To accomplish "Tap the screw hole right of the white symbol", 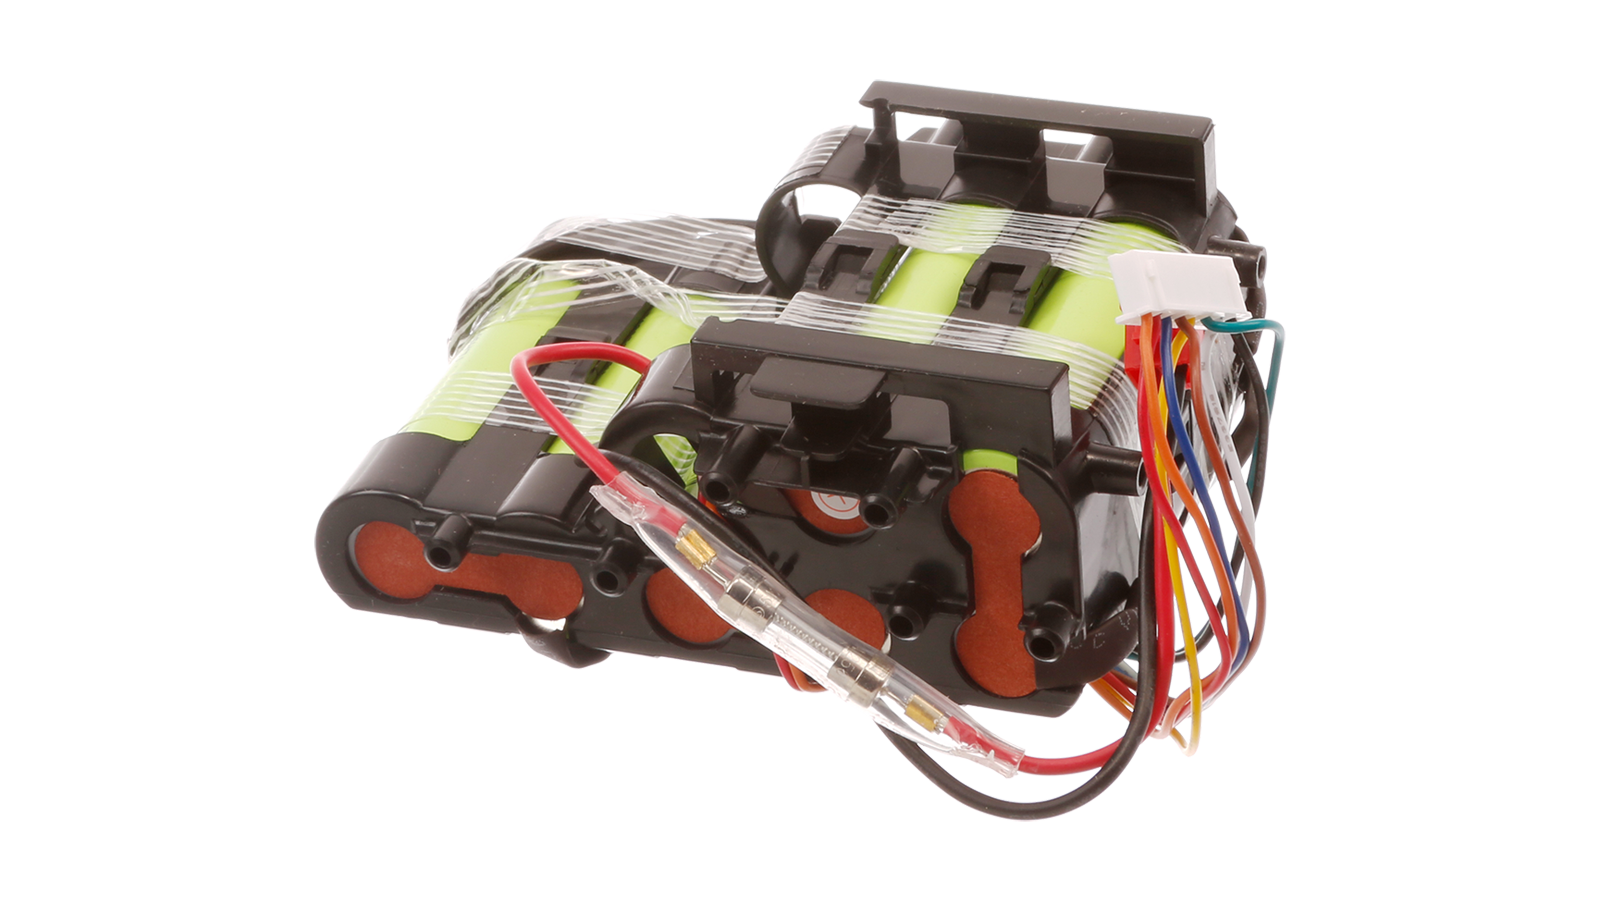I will click(x=879, y=513).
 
